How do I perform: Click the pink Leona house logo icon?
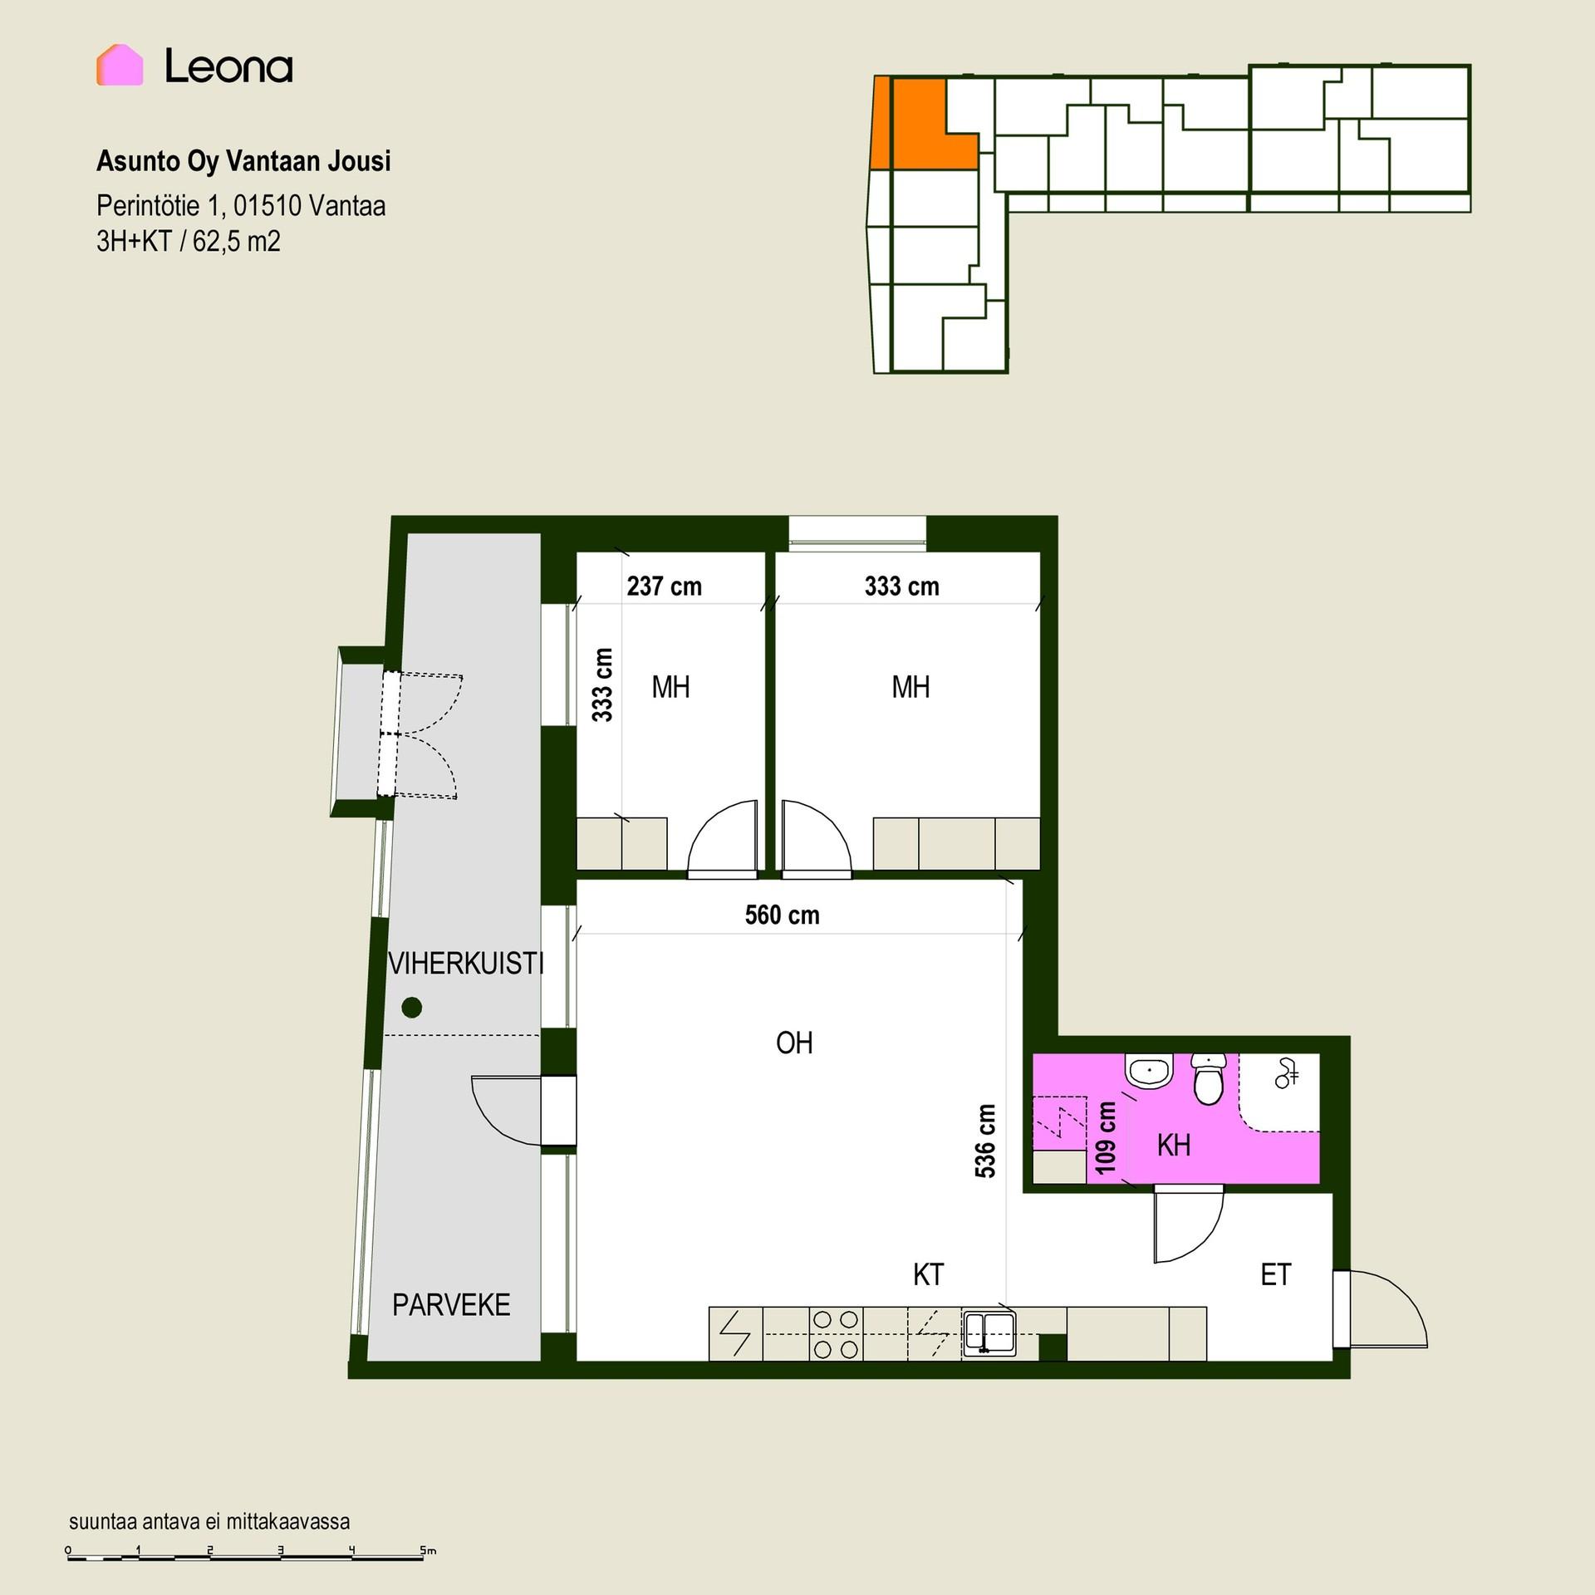point(120,65)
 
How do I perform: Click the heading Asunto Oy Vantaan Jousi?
point(243,161)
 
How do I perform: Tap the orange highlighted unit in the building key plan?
point(924,124)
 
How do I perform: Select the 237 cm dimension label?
point(664,586)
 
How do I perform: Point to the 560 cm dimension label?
point(782,915)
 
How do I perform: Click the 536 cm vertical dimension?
point(984,1141)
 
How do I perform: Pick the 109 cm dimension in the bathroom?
point(1106,1138)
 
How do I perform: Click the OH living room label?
point(794,1043)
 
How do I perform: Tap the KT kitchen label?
point(928,1274)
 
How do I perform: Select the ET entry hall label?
point(1275,1274)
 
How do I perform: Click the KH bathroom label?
point(1174,1146)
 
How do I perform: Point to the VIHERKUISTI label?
point(466,964)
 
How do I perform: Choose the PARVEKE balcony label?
point(451,1305)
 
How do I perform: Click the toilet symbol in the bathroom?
point(1209,1078)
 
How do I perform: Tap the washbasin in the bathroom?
point(1149,1071)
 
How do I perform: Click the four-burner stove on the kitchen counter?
point(836,1334)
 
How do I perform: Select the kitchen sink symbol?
point(989,1333)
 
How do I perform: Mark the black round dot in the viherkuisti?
point(411,1008)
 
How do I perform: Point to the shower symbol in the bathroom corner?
point(1286,1074)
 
